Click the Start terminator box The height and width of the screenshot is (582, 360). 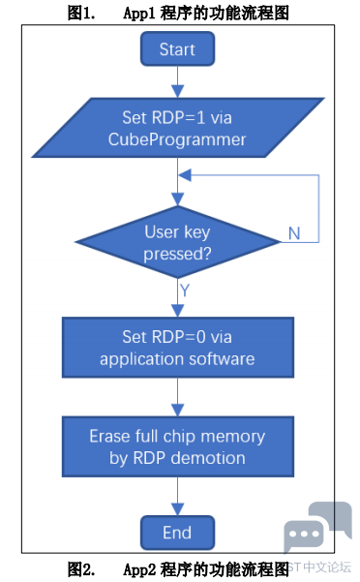point(178,48)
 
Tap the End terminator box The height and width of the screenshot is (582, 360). point(178,533)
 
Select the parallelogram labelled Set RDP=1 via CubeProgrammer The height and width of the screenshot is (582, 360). point(178,128)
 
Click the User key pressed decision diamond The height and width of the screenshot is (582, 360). point(178,242)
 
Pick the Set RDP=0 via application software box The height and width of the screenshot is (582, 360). point(178,348)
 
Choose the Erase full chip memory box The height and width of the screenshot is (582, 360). point(178,446)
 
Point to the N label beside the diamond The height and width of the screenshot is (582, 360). point(294,233)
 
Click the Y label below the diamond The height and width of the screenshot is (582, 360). point(185,290)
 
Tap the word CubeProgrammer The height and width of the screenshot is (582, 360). point(177,140)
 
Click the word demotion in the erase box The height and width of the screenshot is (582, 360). point(208,458)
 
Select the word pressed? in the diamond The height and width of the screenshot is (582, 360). point(177,255)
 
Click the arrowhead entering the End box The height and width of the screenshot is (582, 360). point(178,509)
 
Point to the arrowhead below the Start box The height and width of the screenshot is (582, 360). point(178,92)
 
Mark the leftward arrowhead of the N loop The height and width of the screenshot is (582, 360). point(185,175)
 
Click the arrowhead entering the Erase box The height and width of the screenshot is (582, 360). point(178,411)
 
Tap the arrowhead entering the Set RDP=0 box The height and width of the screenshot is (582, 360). point(178,311)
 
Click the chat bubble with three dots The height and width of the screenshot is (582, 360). point(304,536)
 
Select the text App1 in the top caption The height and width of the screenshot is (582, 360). point(139,14)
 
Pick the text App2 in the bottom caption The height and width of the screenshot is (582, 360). point(139,569)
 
